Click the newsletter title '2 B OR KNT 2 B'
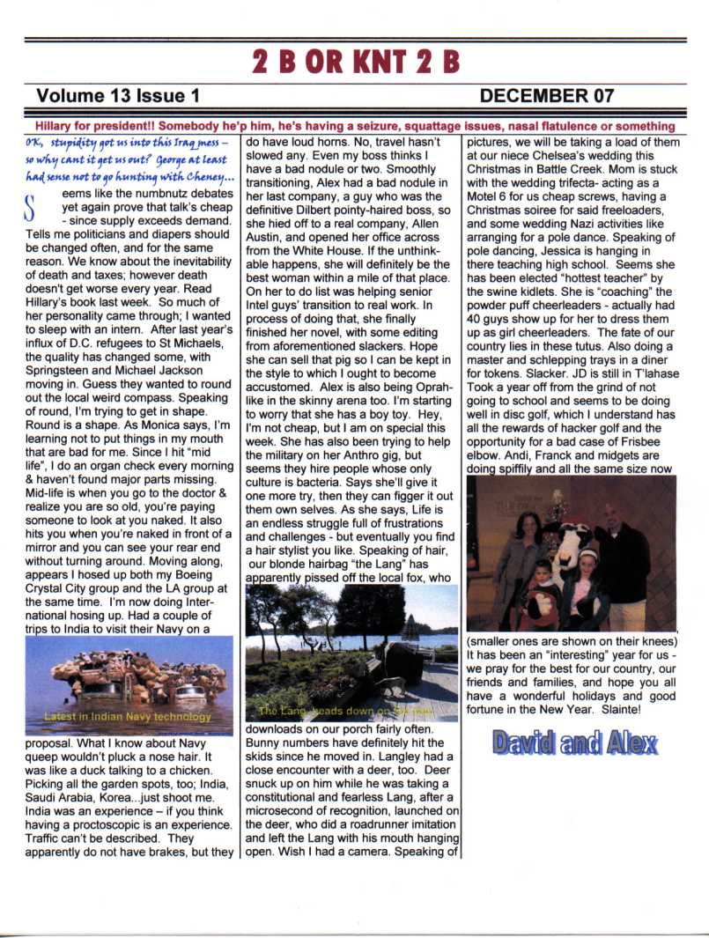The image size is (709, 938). coord(355,61)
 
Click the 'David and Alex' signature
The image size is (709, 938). coord(574,742)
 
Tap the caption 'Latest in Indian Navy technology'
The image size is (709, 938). coord(127,716)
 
